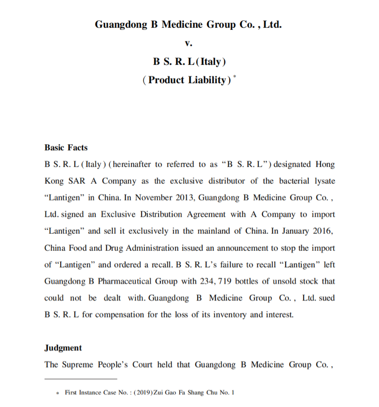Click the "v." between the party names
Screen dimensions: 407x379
click(x=188, y=43)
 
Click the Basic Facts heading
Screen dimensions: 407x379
click(x=66, y=147)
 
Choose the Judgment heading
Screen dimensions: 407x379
click(x=63, y=348)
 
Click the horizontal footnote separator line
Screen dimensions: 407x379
click(x=81, y=379)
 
